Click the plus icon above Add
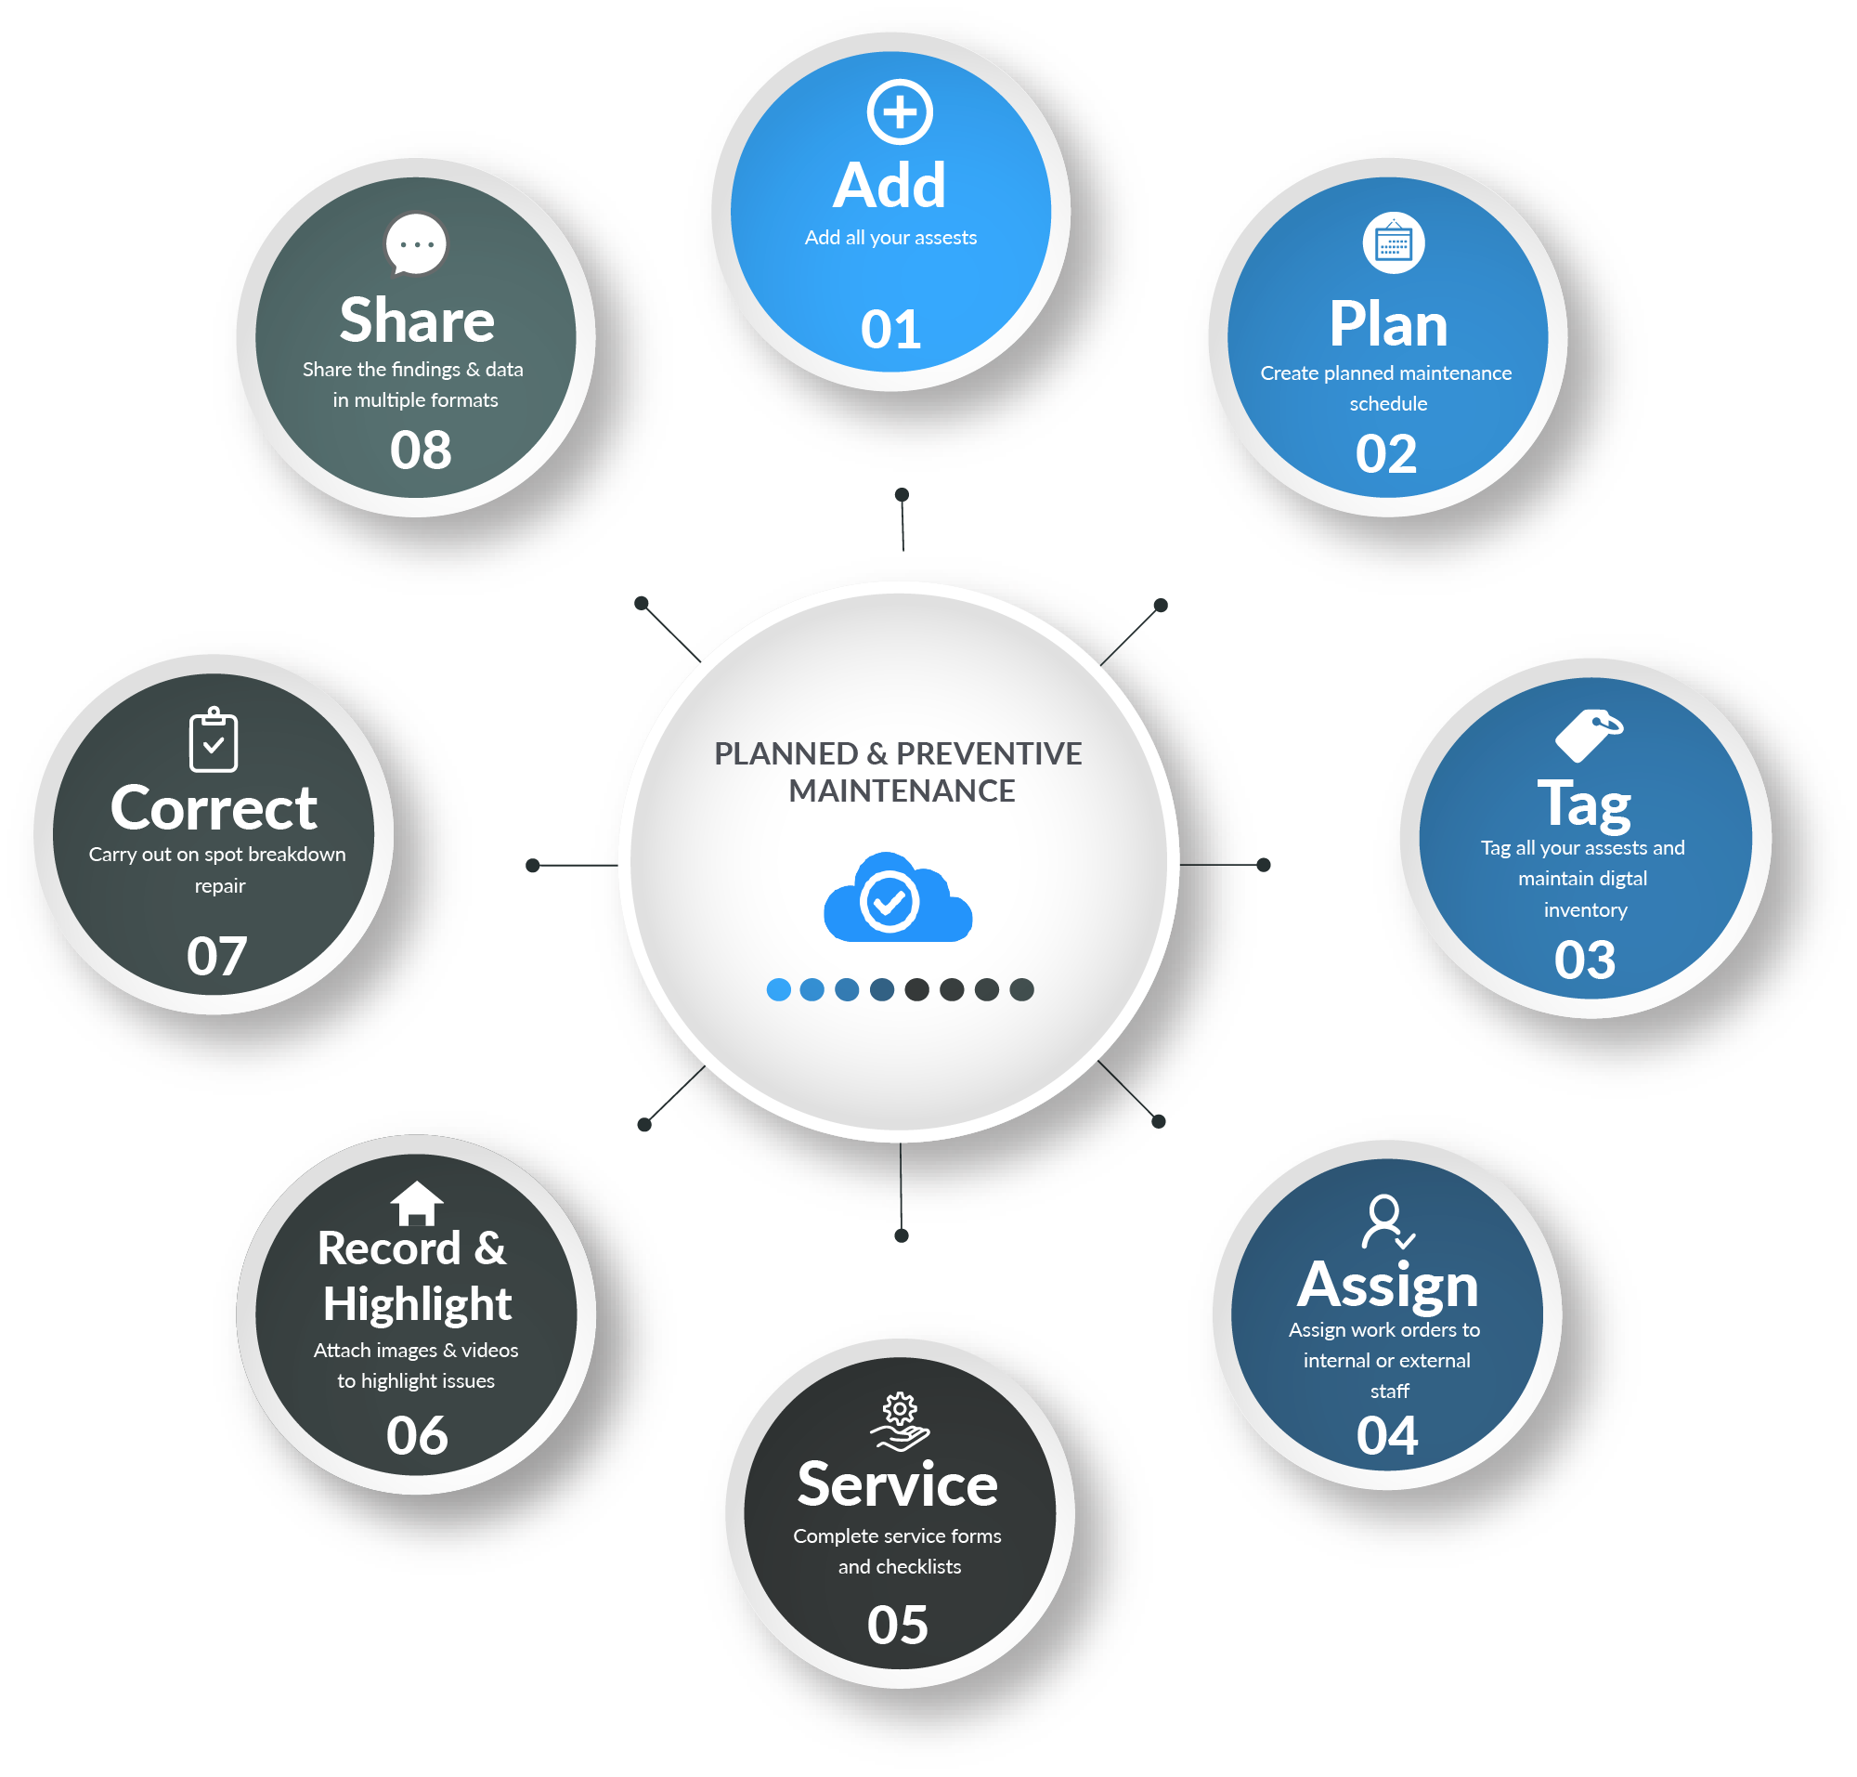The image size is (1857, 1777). [x=899, y=112]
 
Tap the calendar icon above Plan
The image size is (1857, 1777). [x=1392, y=242]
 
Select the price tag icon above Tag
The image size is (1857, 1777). [x=1587, y=735]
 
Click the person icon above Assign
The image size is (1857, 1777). [x=1386, y=1222]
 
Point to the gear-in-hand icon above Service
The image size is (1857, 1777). [x=899, y=1421]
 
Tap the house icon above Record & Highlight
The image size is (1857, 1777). [x=417, y=1203]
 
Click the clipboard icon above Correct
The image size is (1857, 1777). [x=214, y=738]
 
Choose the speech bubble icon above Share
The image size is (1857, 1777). [x=416, y=244]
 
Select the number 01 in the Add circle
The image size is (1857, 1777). [x=890, y=330]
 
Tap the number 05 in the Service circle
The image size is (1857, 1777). [x=897, y=1625]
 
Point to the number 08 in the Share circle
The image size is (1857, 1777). [x=421, y=450]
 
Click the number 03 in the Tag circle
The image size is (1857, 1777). [x=1583, y=960]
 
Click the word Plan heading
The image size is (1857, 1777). [x=1387, y=325]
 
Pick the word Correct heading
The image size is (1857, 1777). [x=213, y=808]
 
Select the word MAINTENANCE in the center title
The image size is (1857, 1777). [x=901, y=791]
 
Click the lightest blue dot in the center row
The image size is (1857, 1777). [x=777, y=989]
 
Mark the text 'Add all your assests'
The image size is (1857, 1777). [x=890, y=238]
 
